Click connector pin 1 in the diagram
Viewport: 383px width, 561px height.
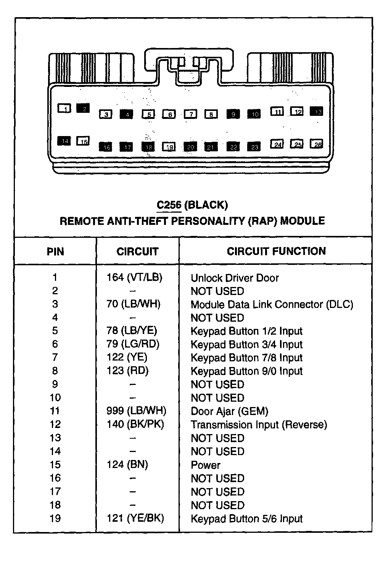64,109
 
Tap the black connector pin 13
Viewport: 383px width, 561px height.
317,111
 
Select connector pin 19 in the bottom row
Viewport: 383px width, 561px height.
169,147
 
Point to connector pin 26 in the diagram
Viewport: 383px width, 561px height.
317,144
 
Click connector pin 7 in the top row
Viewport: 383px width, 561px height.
191,114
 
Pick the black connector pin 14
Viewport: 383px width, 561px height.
64,141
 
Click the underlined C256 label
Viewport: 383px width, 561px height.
169,205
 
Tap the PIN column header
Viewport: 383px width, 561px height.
55,252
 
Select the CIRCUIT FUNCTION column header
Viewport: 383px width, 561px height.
276,251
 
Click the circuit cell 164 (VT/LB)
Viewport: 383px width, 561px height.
135,277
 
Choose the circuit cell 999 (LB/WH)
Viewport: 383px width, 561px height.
136,411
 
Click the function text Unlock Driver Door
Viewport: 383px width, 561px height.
235,278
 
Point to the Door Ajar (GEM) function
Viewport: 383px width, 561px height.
229,411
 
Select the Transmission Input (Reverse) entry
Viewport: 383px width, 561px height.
259,425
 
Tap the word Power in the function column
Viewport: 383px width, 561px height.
206,465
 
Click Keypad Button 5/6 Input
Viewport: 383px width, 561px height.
246,519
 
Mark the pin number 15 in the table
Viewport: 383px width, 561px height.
55,465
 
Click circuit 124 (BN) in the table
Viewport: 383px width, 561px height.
127,465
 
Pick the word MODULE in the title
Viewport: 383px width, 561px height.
303,221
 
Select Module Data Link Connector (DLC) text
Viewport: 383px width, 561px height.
272,305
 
